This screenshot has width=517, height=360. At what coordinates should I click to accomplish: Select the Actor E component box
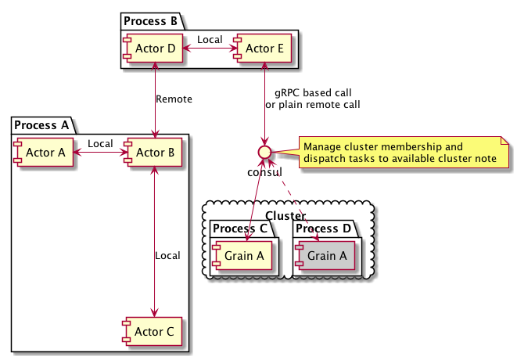pos(264,49)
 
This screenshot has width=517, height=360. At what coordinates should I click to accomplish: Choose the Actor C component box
pos(154,333)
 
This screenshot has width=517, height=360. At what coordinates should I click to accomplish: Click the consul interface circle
pos(265,152)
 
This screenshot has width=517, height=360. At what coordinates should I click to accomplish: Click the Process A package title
pos(43,124)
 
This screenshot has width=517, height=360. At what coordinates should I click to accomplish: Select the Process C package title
pos(241,229)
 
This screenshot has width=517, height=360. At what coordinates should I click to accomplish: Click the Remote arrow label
pos(174,99)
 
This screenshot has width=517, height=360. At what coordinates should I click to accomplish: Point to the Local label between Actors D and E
pos(210,39)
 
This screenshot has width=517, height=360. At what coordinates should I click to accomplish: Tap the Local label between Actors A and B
pos(100,143)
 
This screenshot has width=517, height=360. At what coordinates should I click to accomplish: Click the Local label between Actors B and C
pos(167,256)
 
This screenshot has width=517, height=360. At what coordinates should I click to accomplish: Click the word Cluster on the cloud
pos(285,215)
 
